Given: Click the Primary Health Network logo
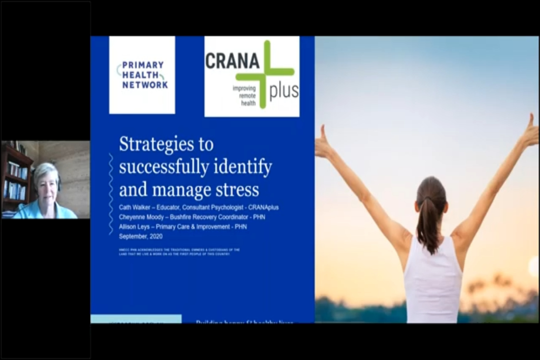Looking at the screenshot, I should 142,75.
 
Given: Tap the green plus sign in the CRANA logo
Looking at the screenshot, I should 265,72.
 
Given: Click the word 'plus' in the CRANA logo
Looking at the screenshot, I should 284,91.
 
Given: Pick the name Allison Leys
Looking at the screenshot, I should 134,227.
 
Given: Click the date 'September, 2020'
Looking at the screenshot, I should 140,236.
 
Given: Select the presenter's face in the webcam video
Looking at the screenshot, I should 47,189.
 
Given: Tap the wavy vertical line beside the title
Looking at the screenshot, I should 111,193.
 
